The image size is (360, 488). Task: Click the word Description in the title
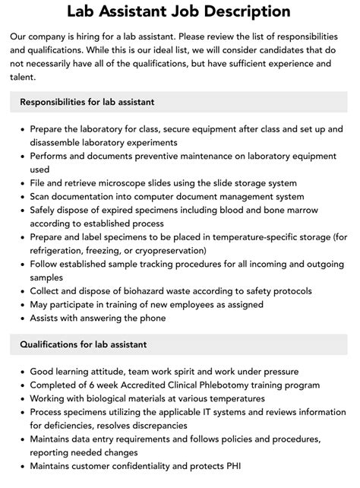(x=242, y=12)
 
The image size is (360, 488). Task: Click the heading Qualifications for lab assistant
(x=84, y=345)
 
